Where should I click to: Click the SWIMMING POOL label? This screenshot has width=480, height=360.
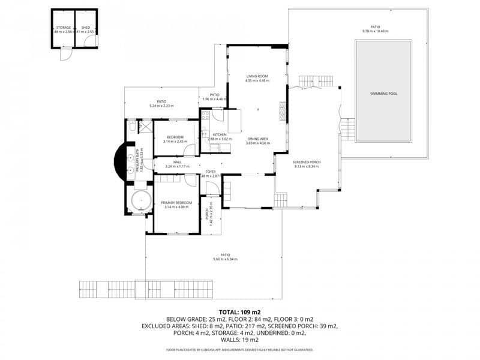point(383,94)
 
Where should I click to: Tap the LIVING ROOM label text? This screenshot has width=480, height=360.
point(257,76)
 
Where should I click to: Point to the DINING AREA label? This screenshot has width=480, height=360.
point(257,139)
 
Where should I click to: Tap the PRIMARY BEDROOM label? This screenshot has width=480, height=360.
point(176,203)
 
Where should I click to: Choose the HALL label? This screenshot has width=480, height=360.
point(177,162)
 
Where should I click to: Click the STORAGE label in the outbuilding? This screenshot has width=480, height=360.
point(63,28)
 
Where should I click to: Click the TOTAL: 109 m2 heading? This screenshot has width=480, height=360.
point(240,312)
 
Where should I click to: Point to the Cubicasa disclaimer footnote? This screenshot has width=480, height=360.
point(240,349)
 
